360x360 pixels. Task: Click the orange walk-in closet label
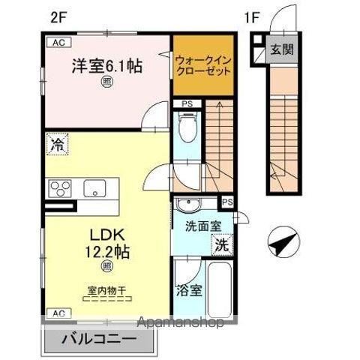pyautogui.click(x=202, y=64)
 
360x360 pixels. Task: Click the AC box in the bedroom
pyautogui.click(x=58, y=43)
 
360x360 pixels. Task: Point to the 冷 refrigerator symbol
pyautogui.click(x=57, y=145)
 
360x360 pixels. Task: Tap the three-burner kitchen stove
pyautogui.click(x=60, y=188)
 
